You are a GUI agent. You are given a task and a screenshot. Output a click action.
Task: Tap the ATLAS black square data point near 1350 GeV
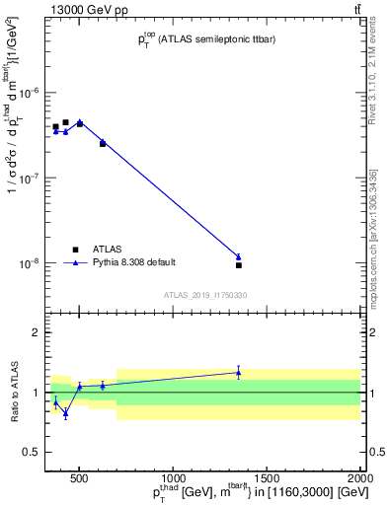pyautogui.click(x=239, y=265)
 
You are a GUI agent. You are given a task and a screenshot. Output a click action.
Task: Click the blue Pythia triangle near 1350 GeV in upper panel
pyautogui.click(x=239, y=256)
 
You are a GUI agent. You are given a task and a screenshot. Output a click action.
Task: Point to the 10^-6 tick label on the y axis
pyautogui.click(x=26, y=94)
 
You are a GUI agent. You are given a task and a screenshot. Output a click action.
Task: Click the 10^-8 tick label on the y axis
pyautogui.click(x=26, y=264)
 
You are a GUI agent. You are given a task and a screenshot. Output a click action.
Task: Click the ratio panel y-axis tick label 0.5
pyautogui.click(x=30, y=452)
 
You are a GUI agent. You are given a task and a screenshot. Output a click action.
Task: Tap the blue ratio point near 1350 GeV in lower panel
pyautogui.click(x=239, y=372)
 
